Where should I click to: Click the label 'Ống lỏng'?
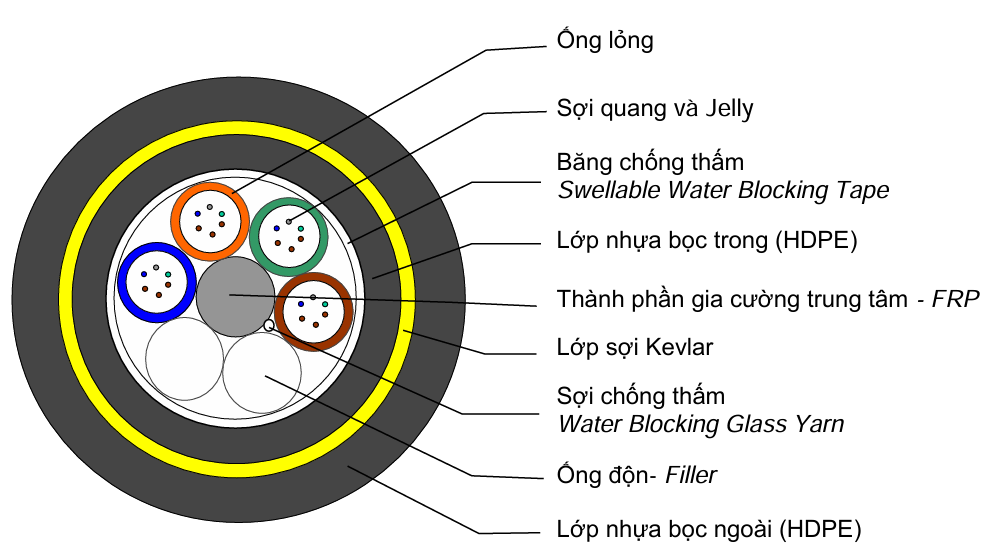click(x=604, y=41)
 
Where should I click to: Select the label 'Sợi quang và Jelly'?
click(x=654, y=108)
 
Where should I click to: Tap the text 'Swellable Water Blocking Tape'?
click(x=722, y=190)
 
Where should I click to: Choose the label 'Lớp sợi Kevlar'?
click(x=634, y=348)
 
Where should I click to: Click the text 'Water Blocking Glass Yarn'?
click(x=700, y=424)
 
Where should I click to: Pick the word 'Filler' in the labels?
click(x=691, y=474)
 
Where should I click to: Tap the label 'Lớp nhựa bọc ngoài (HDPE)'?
click(x=709, y=528)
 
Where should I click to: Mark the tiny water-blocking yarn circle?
click(x=268, y=325)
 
